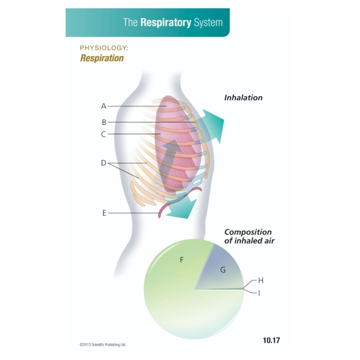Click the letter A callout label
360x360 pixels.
pos(104,106)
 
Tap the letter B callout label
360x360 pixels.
pos(104,122)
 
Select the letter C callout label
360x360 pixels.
pos(104,134)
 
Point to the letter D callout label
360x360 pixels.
pos(104,163)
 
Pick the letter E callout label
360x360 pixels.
pos(104,213)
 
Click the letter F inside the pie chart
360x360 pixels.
pos(182,260)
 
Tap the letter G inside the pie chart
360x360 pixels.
pos(223,270)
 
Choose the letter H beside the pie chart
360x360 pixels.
pos(261,280)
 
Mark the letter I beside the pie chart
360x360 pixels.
pos(259,293)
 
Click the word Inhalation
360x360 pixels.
pos(243,98)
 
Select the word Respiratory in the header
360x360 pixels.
pos(166,23)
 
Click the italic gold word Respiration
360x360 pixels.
pos(102,58)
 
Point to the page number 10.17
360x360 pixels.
pos(271,340)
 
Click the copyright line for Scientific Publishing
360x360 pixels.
pos(103,345)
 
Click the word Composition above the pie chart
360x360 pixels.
pos(248,232)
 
